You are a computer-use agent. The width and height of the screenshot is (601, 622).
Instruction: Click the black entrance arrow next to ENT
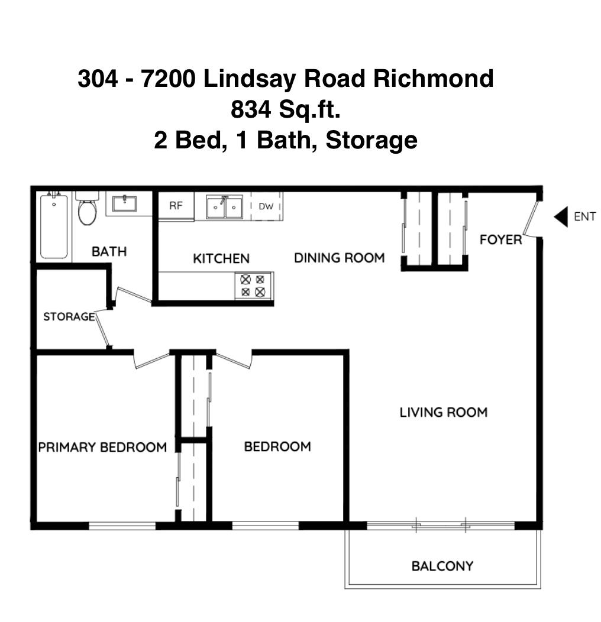tap(561, 217)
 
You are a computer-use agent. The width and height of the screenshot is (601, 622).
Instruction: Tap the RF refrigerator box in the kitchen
tap(176, 206)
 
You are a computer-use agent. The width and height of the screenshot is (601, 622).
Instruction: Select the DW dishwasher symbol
tap(266, 206)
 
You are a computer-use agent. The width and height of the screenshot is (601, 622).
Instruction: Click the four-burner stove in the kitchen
tap(253, 285)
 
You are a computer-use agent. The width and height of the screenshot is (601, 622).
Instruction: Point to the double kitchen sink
tap(224, 207)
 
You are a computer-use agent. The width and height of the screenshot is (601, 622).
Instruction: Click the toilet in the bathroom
tap(87, 208)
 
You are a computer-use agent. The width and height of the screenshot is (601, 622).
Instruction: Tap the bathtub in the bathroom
tap(54, 226)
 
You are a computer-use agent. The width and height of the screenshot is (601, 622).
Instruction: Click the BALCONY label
tap(442, 566)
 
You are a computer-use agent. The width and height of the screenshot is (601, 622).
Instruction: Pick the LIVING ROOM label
tap(444, 412)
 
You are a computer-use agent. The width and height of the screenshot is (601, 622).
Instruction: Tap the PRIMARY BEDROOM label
tap(102, 447)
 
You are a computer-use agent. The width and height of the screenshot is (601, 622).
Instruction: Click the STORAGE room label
tap(69, 317)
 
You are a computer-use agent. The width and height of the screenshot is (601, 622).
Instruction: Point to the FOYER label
tap(500, 239)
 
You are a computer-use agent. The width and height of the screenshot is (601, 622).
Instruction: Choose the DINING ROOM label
tap(339, 258)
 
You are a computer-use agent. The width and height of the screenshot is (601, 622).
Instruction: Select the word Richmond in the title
tap(435, 79)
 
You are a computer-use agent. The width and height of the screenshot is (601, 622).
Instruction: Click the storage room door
tap(102, 328)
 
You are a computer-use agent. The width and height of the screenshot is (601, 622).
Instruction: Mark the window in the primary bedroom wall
tap(122, 525)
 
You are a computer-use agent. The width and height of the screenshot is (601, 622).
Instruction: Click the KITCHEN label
tap(221, 258)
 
